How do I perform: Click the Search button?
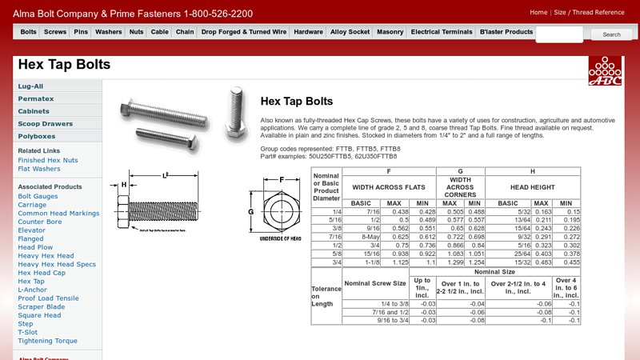(611, 34)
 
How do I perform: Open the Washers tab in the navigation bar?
(109, 32)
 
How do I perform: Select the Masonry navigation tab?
(390, 32)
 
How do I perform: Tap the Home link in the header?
(538, 12)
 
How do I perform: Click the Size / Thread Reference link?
(590, 12)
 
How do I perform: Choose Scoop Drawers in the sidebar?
(46, 124)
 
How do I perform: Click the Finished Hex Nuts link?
(48, 160)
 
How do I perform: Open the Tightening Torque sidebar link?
(48, 341)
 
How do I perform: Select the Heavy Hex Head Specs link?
(57, 264)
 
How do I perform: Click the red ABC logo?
(606, 71)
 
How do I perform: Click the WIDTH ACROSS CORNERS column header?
(460, 189)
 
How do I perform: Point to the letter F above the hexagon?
(282, 180)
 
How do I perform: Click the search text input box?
(559, 34)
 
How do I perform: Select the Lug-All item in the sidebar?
(31, 86)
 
